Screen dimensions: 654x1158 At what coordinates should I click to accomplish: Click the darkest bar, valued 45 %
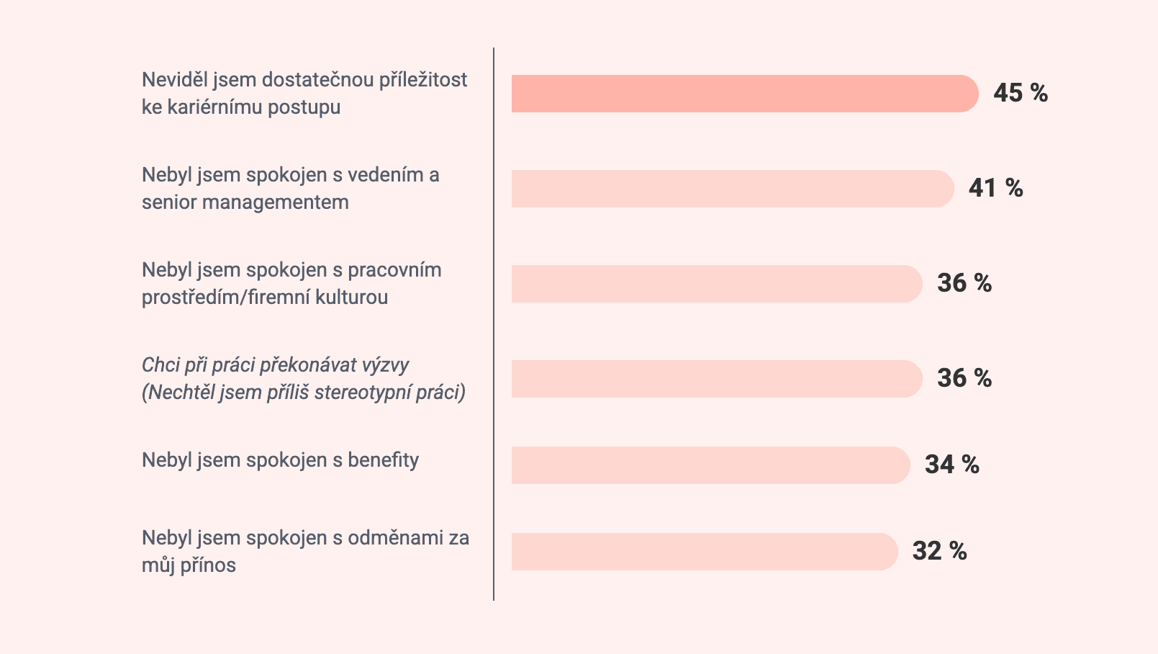pyautogui.click(x=744, y=94)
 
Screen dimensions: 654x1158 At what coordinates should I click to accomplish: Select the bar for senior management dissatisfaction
pyautogui.click(x=732, y=189)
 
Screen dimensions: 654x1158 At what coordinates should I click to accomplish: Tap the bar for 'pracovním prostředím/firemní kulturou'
pyautogui.click(x=716, y=284)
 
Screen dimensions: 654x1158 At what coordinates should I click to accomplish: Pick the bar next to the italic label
pyautogui.click(x=716, y=379)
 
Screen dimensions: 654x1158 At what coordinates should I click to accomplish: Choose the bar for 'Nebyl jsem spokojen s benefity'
pyautogui.click(x=710, y=465)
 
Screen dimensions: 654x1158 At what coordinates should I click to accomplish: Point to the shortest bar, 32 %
pyautogui.click(x=704, y=552)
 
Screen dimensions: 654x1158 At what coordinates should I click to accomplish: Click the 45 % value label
pyautogui.click(x=1020, y=93)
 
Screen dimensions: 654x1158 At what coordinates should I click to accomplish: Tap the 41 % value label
pyautogui.click(x=995, y=188)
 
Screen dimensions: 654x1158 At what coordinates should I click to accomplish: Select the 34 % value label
pyautogui.click(x=951, y=465)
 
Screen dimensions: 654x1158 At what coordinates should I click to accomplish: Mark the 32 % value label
pyautogui.click(x=939, y=551)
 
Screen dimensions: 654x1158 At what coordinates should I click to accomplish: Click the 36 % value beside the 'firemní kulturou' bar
pyautogui.click(x=964, y=283)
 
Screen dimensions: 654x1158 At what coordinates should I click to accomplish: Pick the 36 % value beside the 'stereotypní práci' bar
pyautogui.click(x=964, y=378)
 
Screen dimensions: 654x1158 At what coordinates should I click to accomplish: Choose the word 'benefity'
pyautogui.click(x=383, y=460)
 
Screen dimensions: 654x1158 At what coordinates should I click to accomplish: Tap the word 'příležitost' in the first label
pyautogui.click(x=423, y=80)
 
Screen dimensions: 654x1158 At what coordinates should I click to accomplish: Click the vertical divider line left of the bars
pyautogui.click(x=494, y=324)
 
